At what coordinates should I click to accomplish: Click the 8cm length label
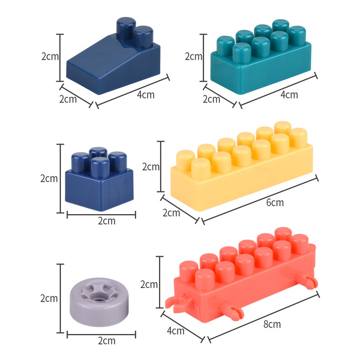272,324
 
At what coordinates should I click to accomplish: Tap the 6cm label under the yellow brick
275,202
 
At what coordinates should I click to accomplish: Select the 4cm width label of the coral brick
175,331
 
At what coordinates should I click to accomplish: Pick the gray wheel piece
99,303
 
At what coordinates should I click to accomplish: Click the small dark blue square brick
99,179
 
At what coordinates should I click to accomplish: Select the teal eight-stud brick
261,57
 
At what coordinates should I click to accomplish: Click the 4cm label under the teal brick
289,95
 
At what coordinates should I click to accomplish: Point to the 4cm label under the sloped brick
145,95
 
